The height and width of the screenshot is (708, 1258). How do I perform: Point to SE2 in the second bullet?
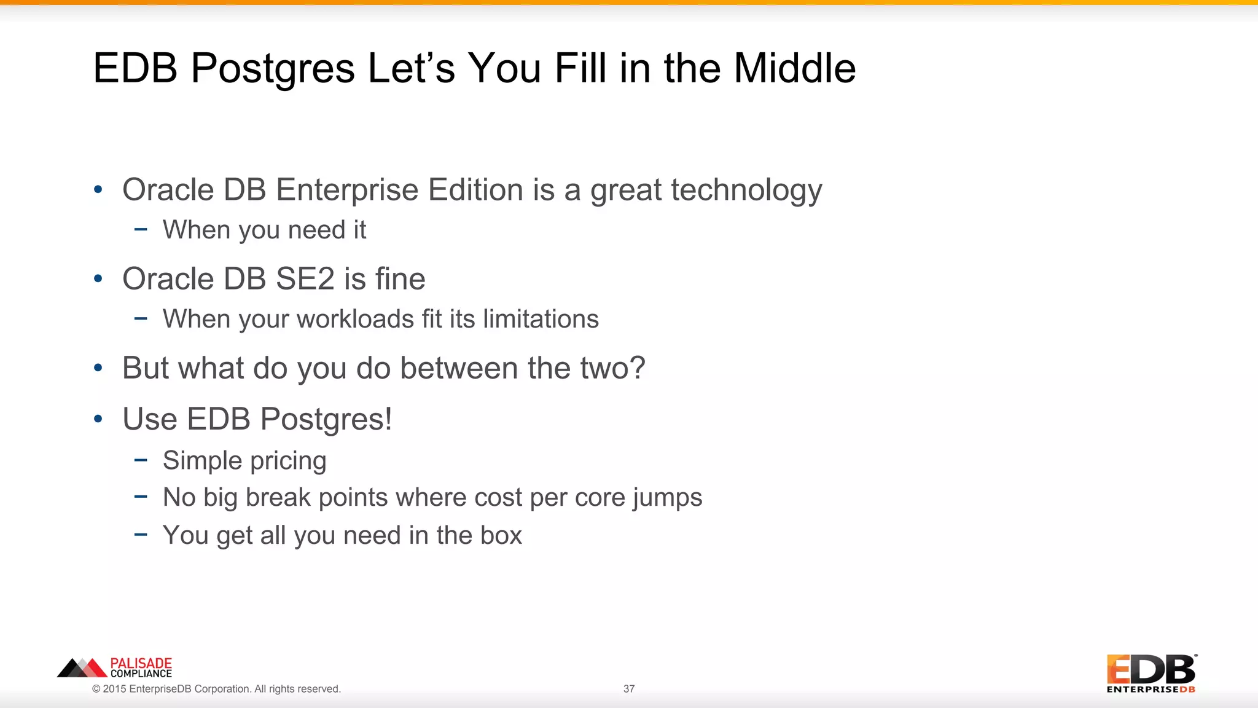pyautogui.click(x=305, y=279)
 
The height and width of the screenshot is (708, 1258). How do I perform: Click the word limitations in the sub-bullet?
pyautogui.click(x=541, y=319)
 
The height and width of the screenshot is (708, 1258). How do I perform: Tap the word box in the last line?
pyautogui.click(x=501, y=535)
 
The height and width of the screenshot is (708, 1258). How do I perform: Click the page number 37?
pyautogui.click(x=629, y=689)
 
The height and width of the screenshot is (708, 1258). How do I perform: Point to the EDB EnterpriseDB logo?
pyautogui.click(x=1151, y=674)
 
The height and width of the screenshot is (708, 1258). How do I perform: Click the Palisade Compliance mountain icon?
pyautogui.click(x=82, y=668)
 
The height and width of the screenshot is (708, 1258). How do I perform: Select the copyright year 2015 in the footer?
pyautogui.click(x=114, y=689)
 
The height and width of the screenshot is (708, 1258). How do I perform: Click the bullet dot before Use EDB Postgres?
pyautogui.click(x=98, y=420)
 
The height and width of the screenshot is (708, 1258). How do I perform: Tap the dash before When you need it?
pyautogui.click(x=141, y=230)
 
